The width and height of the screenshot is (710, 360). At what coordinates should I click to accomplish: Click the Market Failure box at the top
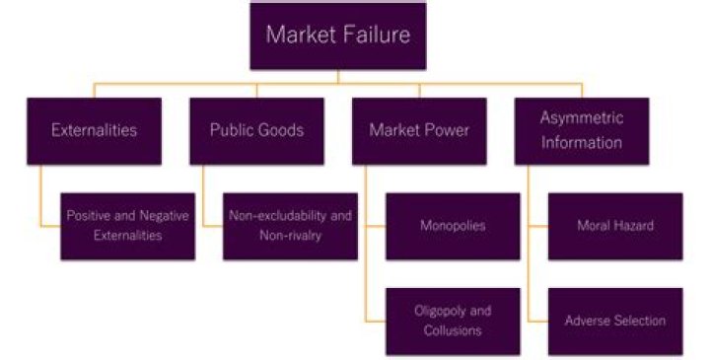pos(338,36)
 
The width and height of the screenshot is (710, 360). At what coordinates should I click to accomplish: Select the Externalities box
pos(95,130)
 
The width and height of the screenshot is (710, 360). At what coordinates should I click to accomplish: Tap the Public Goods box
pos(256,130)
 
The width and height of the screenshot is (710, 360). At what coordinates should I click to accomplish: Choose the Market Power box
pos(419,130)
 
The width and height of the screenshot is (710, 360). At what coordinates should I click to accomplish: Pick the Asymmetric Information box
pos(581,130)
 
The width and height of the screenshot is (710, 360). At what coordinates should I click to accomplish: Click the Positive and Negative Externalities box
pos(127,226)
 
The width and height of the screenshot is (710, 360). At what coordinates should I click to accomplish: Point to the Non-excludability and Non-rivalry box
pos(290,226)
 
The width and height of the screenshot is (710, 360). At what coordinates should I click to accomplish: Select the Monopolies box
pos(453,226)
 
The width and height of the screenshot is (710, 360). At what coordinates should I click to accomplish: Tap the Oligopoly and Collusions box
pos(453,321)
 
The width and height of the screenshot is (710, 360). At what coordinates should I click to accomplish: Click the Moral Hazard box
pos(614,226)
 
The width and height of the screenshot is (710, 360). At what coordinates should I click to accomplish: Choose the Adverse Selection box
pos(614,321)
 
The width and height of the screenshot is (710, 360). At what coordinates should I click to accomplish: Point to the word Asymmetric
pos(581,118)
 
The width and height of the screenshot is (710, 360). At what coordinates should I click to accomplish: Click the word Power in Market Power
pos(447,130)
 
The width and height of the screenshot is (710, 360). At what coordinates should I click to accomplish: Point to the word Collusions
pos(453,330)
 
